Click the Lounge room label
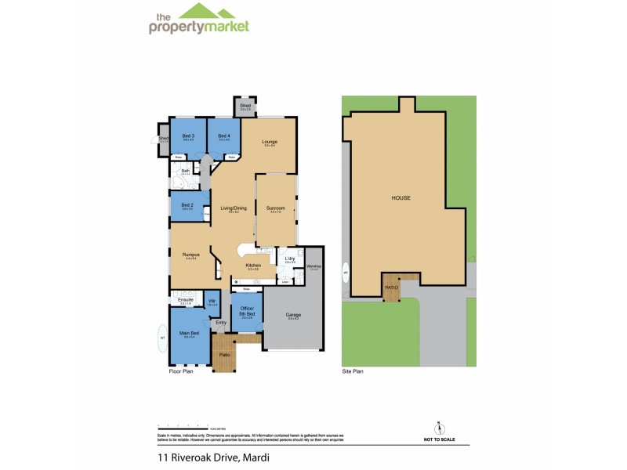tap(270, 142)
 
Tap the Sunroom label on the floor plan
tap(275, 208)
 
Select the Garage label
tap(294, 315)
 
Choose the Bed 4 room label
tap(224, 136)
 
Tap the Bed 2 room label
tap(187, 205)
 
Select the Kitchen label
tap(253, 266)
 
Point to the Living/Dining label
tap(234, 208)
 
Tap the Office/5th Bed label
tap(246, 313)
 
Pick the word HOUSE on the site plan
tap(400, 197)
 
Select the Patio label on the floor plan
tap(224, 354)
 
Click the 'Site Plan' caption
tap(353, 372)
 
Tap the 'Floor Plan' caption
tap(181, 372)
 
